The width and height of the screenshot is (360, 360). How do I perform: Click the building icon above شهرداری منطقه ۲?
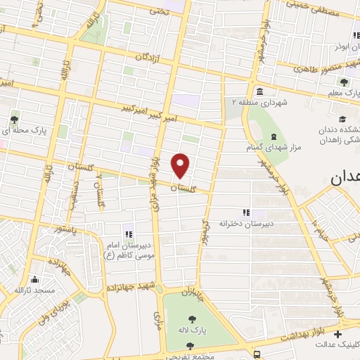(260, 91)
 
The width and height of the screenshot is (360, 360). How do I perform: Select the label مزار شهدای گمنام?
(272, 148)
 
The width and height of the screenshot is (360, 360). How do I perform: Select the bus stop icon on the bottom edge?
(259, 354)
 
